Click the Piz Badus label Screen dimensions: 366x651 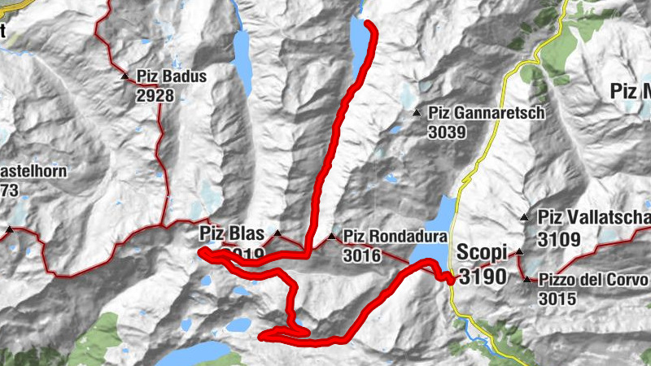[172, 77]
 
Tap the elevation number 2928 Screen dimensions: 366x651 [155, 94]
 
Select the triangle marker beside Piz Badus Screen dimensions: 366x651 [125, 77]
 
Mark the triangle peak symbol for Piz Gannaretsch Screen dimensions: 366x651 [416, 113]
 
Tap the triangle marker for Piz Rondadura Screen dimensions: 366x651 [331, 237]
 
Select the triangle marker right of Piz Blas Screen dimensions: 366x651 [277, 234]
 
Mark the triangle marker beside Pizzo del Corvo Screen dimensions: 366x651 [527, 281]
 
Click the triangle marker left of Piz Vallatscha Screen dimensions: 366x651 [525, 217]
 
